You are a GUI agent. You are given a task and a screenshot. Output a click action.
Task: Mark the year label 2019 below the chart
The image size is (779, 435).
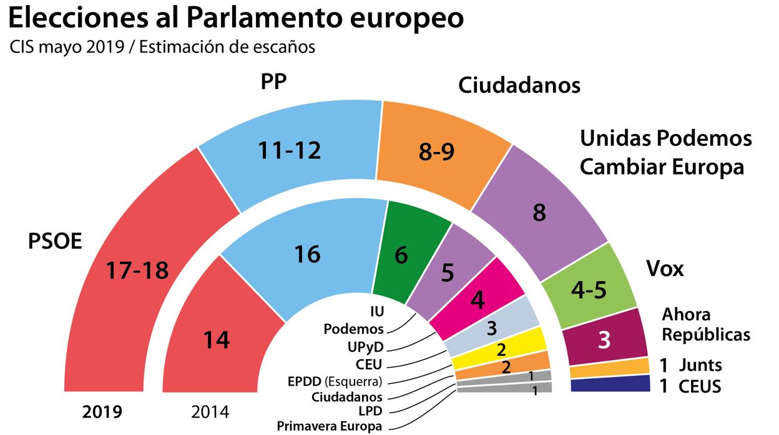pyautogui.click(x=102, y=412)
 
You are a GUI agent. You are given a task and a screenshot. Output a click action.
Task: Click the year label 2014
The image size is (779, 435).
pyautogui.click(x=210, y=412)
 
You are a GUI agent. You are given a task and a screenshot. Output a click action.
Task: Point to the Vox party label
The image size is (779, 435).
pyautogui.click(x=665, y=269)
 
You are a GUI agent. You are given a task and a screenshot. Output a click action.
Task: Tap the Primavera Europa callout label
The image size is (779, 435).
pyautogui.click(x=329, y=426)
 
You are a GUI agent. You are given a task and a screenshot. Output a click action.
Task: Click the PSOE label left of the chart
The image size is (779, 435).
pyautogui.click(x=55, y=242)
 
